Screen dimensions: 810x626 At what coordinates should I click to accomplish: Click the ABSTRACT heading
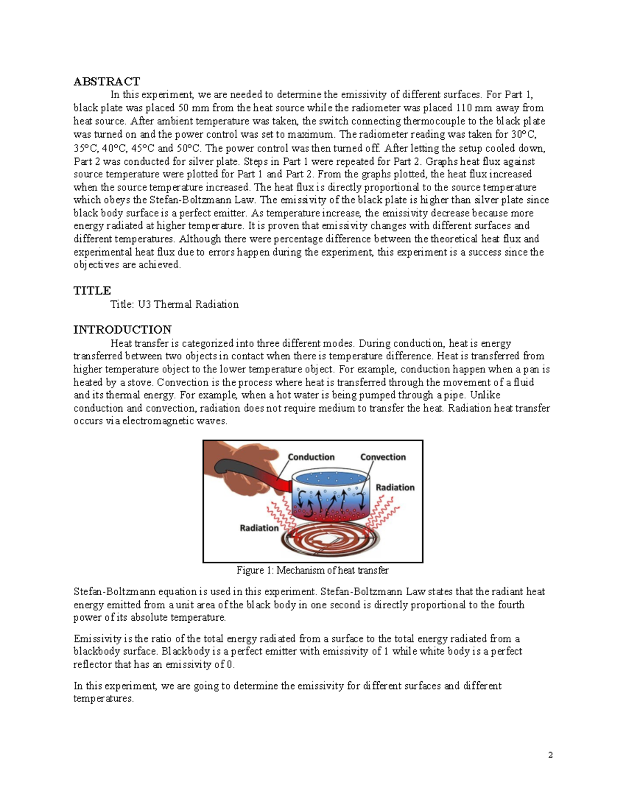pyautogui.click(x=106, y=81)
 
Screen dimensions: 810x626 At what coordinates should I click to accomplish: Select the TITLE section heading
pyautogui.click(x=92, y=291)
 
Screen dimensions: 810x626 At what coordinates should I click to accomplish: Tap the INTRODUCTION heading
pyautogui.click(x=122, y=330)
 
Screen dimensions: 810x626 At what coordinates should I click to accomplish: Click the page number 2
pyautogui.click(x=550, y=755)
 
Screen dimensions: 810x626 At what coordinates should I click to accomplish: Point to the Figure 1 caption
pyautogui.click(x=312, y=570)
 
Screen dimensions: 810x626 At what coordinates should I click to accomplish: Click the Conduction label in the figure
pyautogui.click(x=311, y=457)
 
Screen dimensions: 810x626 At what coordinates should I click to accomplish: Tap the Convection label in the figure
pyautogui.click(x=382, y=457)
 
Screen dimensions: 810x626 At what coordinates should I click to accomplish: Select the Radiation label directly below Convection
pyautogui.click(x=395, y=487)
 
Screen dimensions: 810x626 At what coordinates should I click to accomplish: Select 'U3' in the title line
pyautogui.click(x=145, y=305)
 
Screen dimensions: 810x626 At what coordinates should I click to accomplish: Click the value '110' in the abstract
pyautogui.click(x=465, y=108)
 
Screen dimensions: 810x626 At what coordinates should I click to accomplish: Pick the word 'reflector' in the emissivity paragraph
pyautogui.click(x=93, y=664)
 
